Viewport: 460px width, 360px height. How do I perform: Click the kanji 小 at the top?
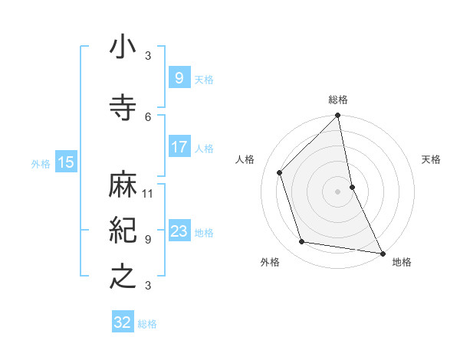[123, 47]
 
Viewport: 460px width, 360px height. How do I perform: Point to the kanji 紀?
[123, 231]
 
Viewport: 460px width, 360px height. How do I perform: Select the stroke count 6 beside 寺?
[148, 116]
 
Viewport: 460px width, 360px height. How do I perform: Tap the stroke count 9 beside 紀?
[148, 239]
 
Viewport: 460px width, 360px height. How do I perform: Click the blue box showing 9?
[179, 78]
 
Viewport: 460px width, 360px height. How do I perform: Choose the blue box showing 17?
[179, 147]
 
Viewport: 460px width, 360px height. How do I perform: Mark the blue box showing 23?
[179, 231]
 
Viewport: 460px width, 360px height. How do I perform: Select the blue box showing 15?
[65, 162]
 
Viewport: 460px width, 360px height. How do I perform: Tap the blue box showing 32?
[123, 323]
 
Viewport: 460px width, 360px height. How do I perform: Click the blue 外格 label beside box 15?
[41, 163]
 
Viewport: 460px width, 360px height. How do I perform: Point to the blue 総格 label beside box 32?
[148, 324]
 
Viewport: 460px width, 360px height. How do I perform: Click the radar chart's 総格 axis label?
[338, 100]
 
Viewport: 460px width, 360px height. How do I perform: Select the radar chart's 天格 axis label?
[432, 159]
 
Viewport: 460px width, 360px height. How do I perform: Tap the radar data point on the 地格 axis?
[381, 253]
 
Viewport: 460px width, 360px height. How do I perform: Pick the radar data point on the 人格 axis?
[280, 172]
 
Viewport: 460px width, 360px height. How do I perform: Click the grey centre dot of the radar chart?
[337, 191]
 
